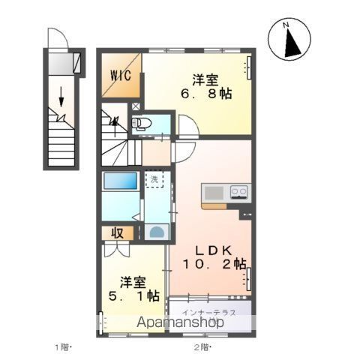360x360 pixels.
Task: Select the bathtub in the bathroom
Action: (x=120, y=182)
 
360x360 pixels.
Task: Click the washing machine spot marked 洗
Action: (x=153, y=180)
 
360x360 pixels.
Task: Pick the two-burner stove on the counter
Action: (x=238, y=193)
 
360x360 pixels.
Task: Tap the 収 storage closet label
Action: (x=118, y=233)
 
